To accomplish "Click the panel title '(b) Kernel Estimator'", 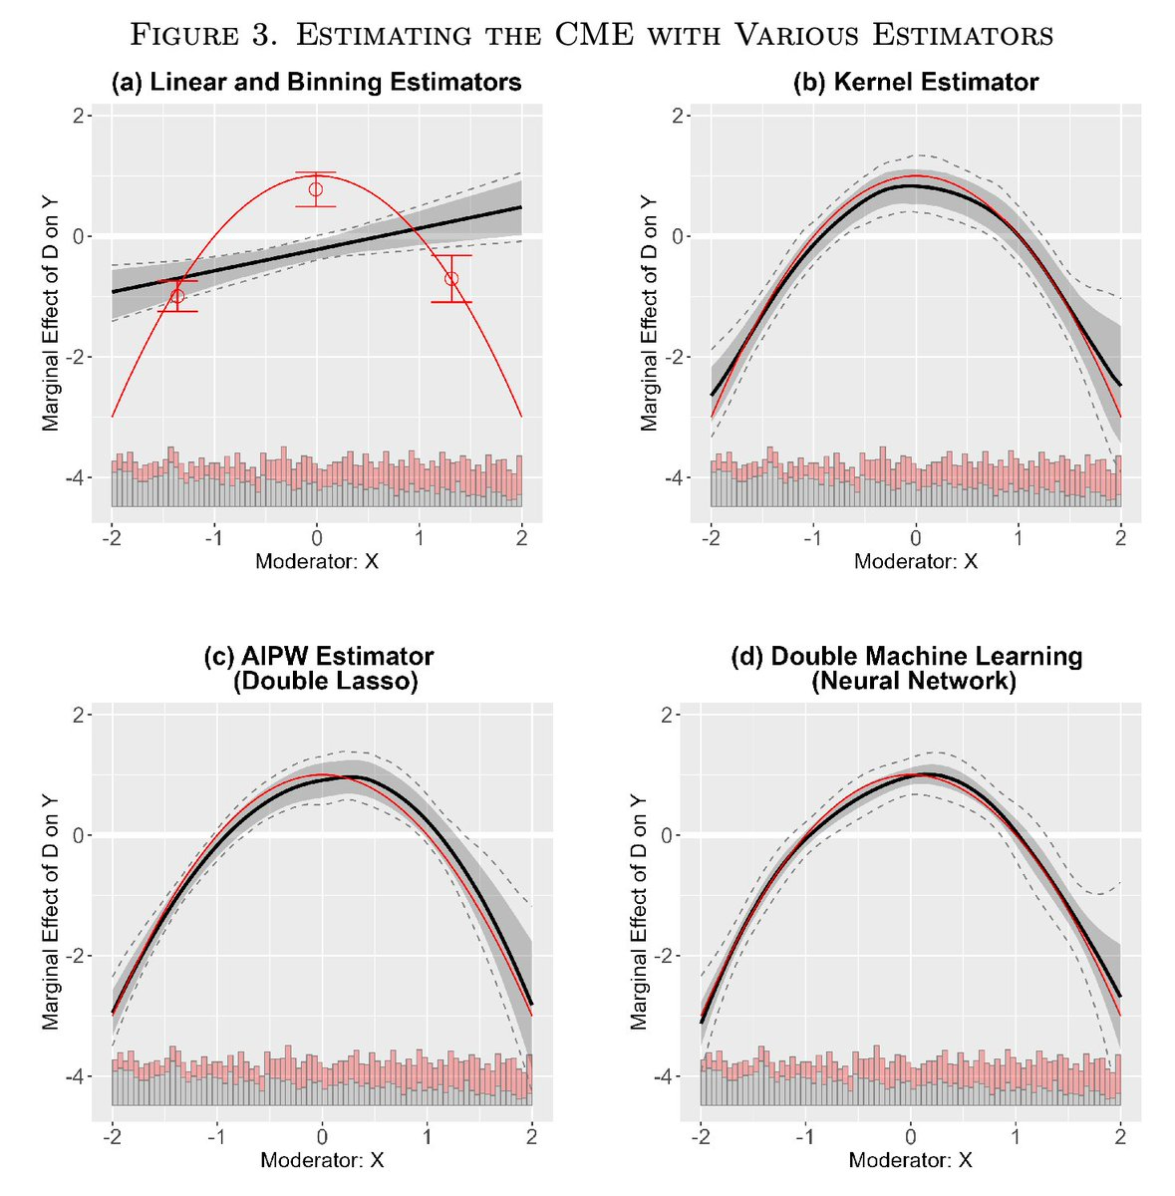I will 915,83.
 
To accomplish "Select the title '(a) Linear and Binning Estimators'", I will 316,83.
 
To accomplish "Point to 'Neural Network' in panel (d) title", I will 913,682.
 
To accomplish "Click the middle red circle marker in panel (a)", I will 316,189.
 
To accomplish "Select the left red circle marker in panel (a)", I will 177,296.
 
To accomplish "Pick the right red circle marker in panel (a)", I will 451,279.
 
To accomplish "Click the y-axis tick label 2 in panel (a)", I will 76,117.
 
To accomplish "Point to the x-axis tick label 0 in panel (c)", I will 321,1137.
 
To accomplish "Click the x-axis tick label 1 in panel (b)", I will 1018,538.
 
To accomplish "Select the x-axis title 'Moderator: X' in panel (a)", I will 317,561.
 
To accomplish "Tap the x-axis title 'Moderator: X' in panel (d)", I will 911,1160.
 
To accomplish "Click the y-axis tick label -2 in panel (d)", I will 670,957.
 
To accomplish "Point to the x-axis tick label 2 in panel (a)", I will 521,538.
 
